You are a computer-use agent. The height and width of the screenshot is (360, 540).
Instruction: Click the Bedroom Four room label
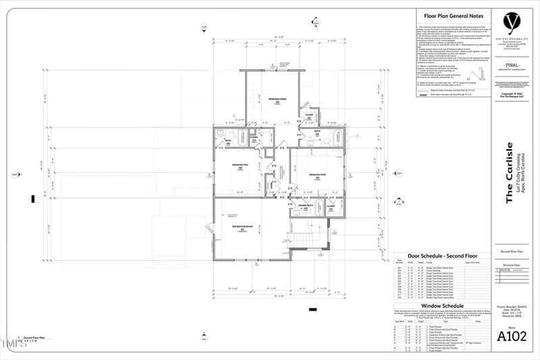pos(318,174)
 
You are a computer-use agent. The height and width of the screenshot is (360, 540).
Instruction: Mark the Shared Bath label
pos(306,207)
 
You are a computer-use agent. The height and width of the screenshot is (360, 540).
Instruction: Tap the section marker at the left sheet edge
pos(15,174)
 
